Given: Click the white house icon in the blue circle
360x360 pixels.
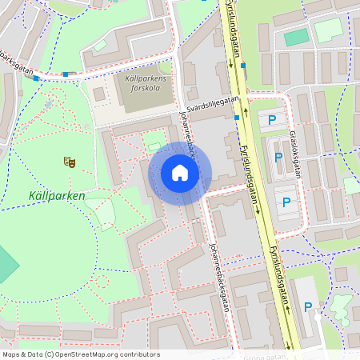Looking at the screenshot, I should coord(180,173).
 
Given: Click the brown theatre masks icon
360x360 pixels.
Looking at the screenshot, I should coord(70,162).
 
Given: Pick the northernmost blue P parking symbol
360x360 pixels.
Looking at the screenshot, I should coord(272,120).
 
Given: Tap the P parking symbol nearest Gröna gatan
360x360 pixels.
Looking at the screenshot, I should coord(307,306).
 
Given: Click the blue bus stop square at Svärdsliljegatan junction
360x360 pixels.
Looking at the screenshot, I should coord(238,118).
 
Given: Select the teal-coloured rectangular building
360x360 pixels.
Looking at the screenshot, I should coord(297,37).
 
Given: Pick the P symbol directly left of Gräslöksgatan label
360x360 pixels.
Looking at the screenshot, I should coord(278,158).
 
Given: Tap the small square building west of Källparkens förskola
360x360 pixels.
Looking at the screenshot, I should coord(99,94).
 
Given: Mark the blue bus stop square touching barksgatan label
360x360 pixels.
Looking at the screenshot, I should coord(36,78).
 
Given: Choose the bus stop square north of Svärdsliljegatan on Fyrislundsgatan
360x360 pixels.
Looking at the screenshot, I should coord(243,66).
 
